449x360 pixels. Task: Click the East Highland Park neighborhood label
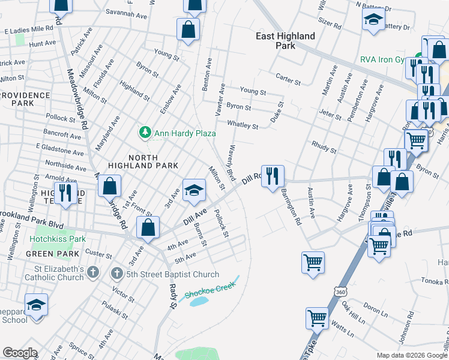(x=285, y=41)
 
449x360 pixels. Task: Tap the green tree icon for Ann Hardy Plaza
(x=144, y=131)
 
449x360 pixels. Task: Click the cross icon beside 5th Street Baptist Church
(x=118, y=274)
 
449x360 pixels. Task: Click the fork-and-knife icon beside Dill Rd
(x=273, y=175)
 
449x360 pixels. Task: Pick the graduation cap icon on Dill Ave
(x=194, y=190)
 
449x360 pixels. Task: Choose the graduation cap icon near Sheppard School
(x=37, y=304)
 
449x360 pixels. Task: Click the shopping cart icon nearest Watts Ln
(x=317, y=318)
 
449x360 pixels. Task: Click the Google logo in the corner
(x=20, y=353)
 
